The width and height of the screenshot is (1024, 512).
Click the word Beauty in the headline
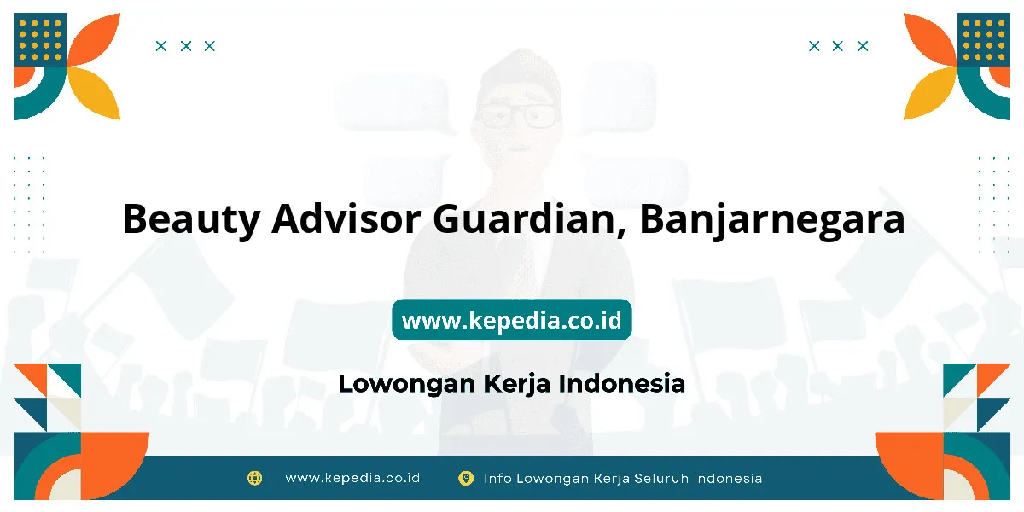pos(191,220)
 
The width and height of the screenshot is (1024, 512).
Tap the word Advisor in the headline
pos(346,219)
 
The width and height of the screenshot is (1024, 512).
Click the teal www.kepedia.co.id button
pos(511,319)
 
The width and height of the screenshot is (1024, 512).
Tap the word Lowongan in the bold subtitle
pos(407,384)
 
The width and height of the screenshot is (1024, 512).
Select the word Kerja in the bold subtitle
pos(516,384)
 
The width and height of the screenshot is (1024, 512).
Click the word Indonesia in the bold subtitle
pos(622,383)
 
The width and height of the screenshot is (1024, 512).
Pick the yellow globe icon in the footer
pos(254,478)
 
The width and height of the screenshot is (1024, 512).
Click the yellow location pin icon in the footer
pos(466,479)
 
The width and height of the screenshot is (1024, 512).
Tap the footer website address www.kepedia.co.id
pos(352,478)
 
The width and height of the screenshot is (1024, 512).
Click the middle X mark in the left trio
pos(186,46)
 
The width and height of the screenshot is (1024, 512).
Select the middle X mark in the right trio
pos(837,46)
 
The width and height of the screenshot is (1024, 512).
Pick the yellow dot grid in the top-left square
pos(40,40)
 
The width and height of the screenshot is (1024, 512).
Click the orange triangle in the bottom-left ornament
pos(33,377)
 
